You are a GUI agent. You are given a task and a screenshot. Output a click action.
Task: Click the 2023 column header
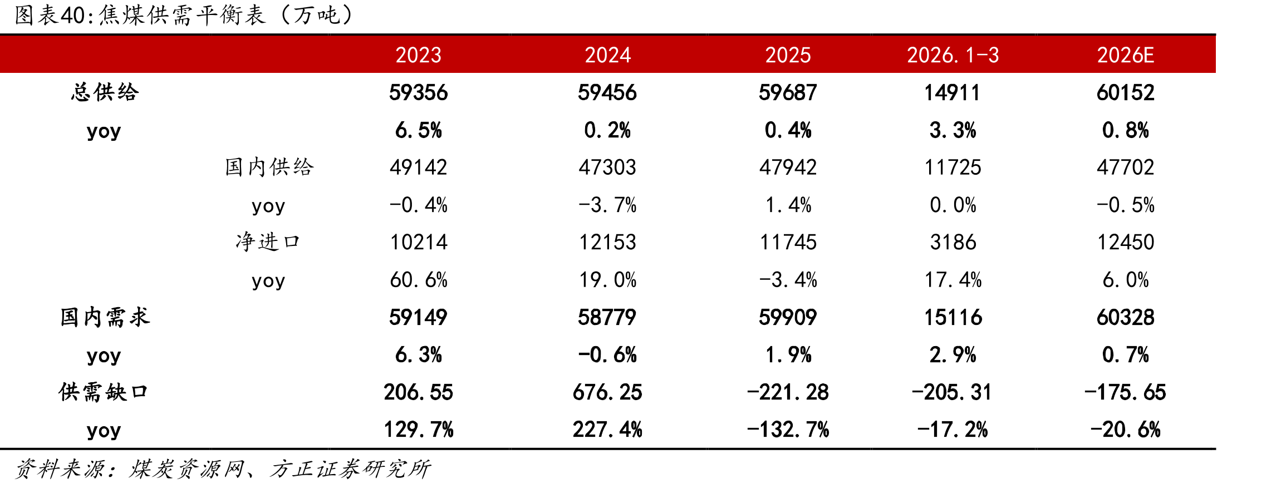pos(418,55)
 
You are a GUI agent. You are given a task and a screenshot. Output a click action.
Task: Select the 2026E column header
pos(1125,55)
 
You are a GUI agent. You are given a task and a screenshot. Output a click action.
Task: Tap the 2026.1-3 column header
pos(953,55)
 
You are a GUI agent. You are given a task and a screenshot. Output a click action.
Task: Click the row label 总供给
pos(105,92)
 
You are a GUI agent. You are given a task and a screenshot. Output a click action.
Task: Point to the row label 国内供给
pos(269,167)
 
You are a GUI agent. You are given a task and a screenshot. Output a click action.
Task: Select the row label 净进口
pos(268,242)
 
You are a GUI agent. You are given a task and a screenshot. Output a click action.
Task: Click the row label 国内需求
pos(105,317)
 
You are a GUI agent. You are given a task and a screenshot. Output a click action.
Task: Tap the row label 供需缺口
pos(104,392)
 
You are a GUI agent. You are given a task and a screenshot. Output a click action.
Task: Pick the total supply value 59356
pos(418,92)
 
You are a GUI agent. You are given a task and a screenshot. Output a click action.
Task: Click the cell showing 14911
pos(953,92)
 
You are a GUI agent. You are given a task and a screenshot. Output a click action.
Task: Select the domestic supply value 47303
pos(607,167)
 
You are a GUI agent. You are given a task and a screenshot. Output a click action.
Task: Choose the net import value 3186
pos(953,242)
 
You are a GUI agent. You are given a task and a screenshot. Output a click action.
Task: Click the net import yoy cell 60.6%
pos(418,279)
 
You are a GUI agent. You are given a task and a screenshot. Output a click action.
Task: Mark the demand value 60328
pos(1125,317)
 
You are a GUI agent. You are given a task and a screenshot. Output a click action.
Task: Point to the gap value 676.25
pos(607,392)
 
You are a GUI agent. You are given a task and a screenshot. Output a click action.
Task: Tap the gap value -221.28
pos(788,392)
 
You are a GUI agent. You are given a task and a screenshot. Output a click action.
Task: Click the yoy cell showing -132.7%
pos(788,430)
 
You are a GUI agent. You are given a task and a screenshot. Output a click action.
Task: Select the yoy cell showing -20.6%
pos(1125,430)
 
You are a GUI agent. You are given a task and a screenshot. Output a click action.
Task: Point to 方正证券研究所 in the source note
pos(350,469)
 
